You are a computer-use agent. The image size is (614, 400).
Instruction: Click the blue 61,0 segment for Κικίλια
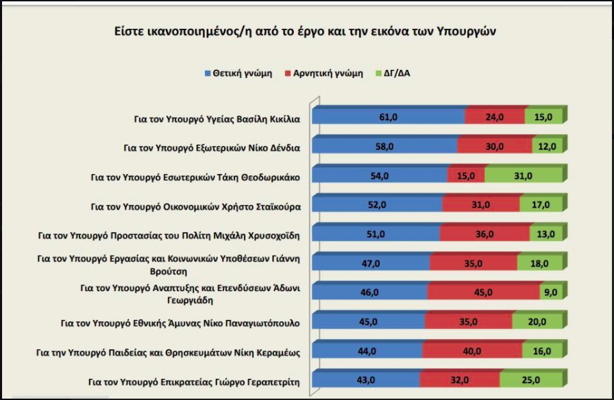click(x=389, y=118)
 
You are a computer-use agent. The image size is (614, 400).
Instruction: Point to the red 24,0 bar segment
click(x=495, y=118)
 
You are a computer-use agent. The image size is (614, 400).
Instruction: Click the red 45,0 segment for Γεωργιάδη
click(x=483, y=292)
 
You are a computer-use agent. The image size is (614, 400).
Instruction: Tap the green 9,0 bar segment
click(x=550, y=292)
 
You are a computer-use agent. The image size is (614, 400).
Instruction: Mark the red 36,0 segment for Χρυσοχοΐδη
click(x=484, y=234)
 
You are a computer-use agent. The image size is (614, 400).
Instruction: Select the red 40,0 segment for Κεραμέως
click(x=473, y=351)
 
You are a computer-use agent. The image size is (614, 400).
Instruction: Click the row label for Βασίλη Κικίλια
click(x=217, y=118)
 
